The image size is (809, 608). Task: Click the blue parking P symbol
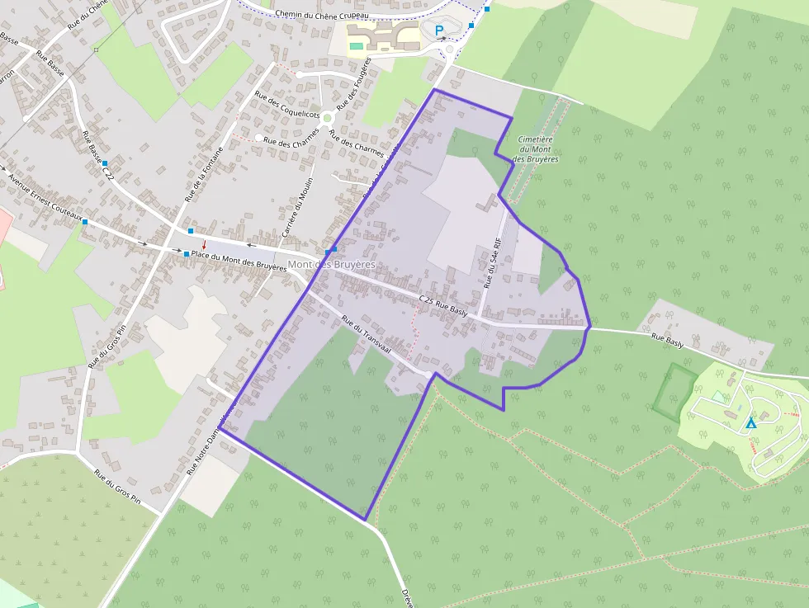point(440,31)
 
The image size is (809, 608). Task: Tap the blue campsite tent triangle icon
point(750,423)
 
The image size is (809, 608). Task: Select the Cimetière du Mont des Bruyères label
point(536,149)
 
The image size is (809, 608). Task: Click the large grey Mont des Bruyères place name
point(331,264)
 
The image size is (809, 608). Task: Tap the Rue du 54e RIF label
point(492,262)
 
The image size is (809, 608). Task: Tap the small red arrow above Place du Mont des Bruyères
point(204,243)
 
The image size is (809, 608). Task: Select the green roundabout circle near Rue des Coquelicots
point(327,117)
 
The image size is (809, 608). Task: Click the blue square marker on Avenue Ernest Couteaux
point(84,221)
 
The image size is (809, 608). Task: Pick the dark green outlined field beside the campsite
point(675,388)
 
